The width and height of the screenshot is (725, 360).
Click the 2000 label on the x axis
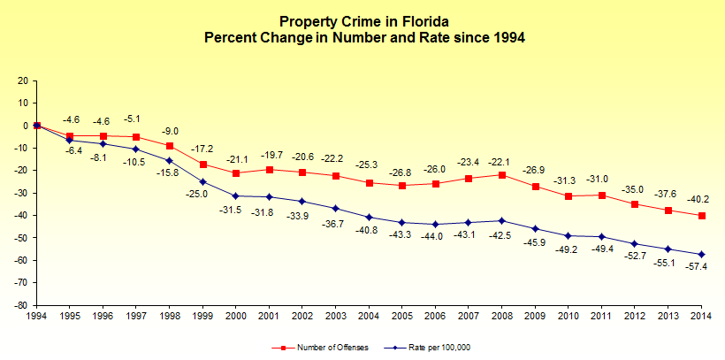(x=236, y=315)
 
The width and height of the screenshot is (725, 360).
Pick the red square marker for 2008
(x=502, y=175)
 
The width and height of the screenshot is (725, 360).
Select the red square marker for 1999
(x=203, y=165)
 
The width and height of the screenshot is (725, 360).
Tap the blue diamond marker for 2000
(x=236, y=196)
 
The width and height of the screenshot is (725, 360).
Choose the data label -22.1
(x=502, y=161)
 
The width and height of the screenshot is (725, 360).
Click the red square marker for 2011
(x=602, y=195)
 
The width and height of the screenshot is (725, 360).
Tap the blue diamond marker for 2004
(x=370, y=217)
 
